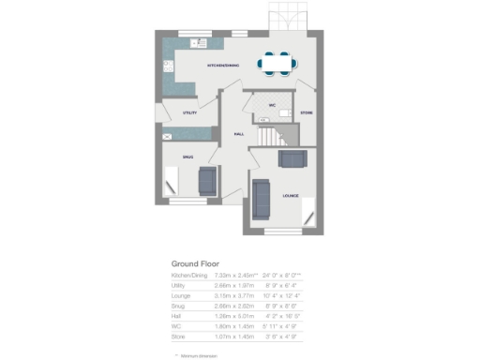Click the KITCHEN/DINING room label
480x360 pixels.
click(x=223, y=66)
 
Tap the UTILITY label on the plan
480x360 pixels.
click(x=190, y=112)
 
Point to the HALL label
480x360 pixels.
click(x=239, y=134)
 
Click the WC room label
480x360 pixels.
click(x=271, y=104)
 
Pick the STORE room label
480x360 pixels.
click(x=307, y=113)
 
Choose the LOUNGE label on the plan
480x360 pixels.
click(x=290, y=196)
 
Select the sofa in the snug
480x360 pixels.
click(x=207, y=177)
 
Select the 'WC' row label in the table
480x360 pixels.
click(x=176, y=323)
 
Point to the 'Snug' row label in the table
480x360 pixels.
click(x=178, y=306)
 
